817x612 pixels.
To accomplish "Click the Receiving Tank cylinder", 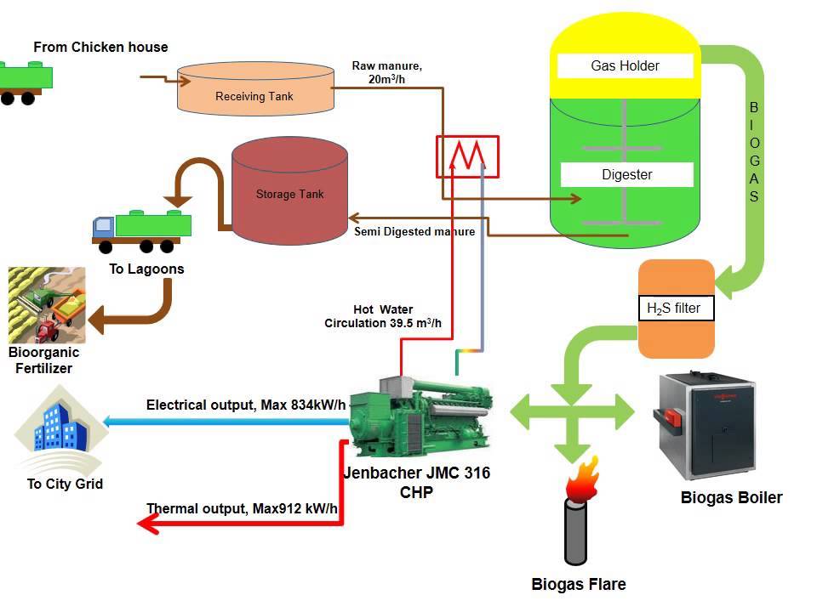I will point(254,88).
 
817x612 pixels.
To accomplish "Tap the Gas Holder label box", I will point(626,65).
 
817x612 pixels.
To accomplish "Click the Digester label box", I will point(627,175).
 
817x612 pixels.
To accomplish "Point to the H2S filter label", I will point(676,309).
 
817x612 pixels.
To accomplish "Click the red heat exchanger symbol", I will point(467,156).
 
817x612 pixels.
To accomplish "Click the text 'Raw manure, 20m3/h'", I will point(386,72).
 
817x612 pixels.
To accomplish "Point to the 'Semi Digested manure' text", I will point(414,231).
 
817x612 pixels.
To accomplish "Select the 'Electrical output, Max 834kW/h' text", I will point(246,405).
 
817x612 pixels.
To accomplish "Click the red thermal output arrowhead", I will point(149,524).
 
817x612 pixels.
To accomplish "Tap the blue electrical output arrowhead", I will point(108,421).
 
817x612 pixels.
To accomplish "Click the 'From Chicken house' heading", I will point(100,47).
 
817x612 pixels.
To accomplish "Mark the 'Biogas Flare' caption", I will point(579,584).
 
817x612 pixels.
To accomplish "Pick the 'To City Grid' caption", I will point(65,484).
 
